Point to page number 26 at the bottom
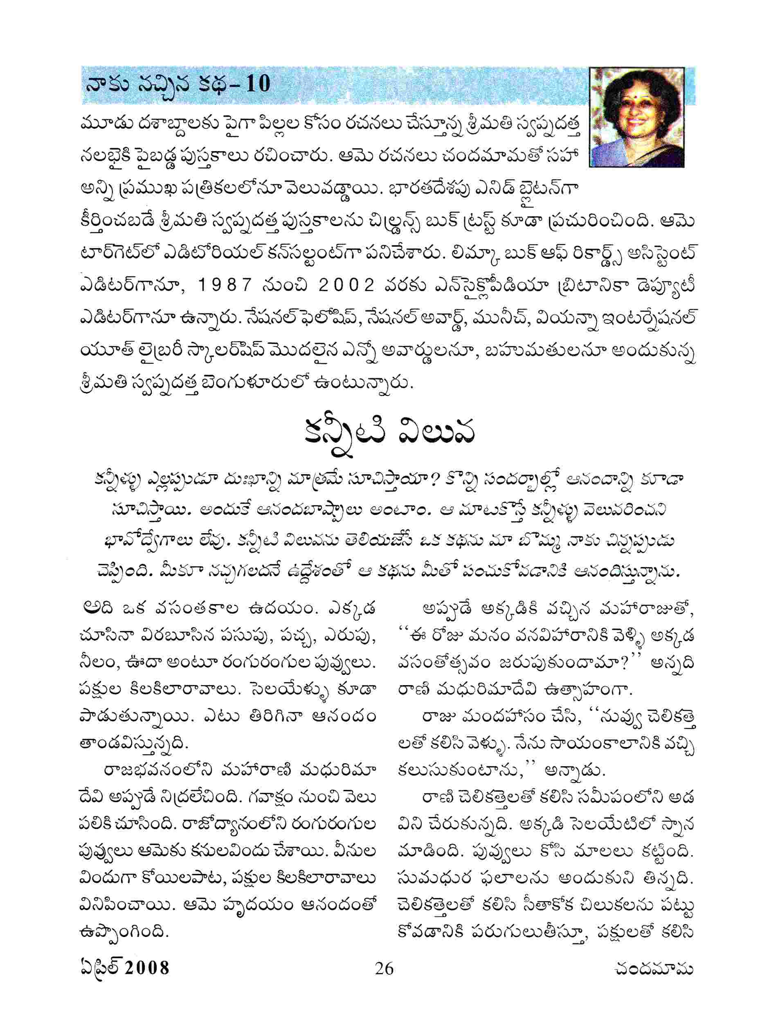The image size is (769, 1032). coord(384,968)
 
